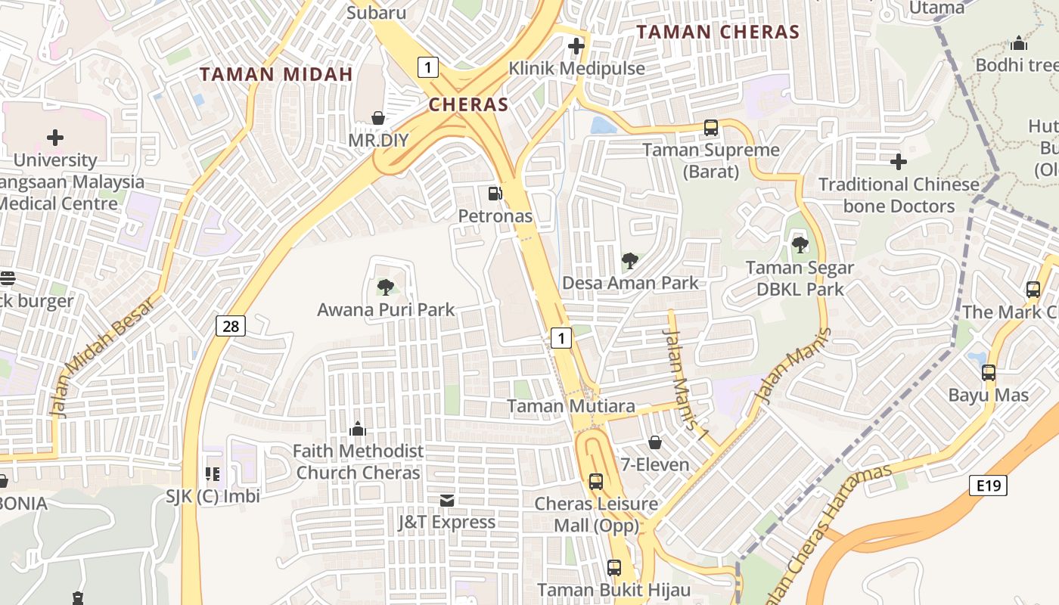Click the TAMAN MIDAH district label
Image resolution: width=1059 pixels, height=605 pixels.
click(277, 74)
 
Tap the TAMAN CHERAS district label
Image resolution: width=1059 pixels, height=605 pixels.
click(718, 32)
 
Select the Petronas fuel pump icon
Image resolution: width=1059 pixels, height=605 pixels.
click(495, 194)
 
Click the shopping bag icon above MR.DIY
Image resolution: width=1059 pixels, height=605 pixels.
click(378, 118)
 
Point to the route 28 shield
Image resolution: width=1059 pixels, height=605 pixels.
click(231, 326)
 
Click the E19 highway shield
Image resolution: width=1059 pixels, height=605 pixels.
click(988, 486)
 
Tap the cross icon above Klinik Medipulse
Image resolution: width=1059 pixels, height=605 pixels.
click(576, 46)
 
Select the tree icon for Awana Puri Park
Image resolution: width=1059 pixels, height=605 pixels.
click(386, 287)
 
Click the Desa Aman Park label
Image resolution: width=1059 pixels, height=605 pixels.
click(630, 283)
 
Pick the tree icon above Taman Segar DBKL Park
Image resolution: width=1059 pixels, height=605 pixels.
click(800, 245)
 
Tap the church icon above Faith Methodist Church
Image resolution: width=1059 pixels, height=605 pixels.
click(358, 430)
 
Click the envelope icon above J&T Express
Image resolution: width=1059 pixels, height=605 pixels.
click(447, 500)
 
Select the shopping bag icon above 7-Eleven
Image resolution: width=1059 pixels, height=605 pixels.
click(655, 442)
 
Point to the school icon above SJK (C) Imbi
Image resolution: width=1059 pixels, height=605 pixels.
click(213, 474)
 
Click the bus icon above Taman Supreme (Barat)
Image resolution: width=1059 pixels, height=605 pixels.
click(711, 128)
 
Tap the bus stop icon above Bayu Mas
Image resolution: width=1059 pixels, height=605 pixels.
click(989, 373)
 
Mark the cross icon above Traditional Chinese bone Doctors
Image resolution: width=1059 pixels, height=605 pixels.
click(899, 162)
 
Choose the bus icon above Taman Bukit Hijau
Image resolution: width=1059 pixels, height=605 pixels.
click(614, 567)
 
